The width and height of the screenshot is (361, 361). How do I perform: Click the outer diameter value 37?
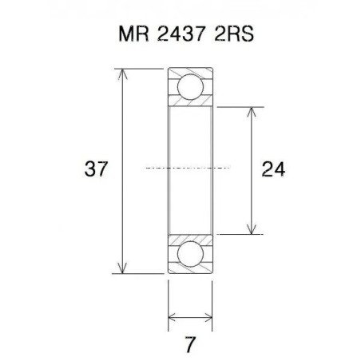[x=96, y=169]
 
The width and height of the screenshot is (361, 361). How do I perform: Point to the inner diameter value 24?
[x=273, y=169]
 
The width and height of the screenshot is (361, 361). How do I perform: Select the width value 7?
[x=190, y=345]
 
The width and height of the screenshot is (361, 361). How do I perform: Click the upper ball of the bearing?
[x=190, y=85]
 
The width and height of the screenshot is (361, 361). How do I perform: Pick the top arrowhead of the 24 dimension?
[x=252, y=110]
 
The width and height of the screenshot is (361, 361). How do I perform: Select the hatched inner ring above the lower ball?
[x=190, y=237]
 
